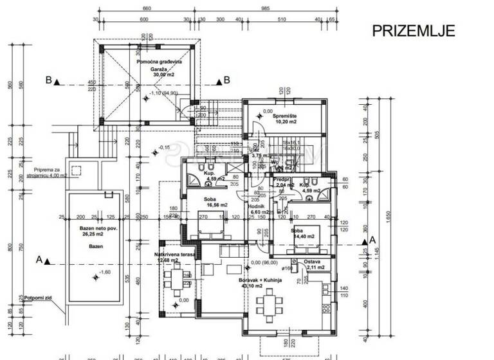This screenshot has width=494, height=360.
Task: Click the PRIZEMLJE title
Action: (414, 30)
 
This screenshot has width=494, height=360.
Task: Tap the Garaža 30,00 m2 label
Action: (158, 70)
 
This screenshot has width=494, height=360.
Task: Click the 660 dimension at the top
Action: (146, 8)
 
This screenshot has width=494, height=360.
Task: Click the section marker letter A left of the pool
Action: (39, 260)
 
